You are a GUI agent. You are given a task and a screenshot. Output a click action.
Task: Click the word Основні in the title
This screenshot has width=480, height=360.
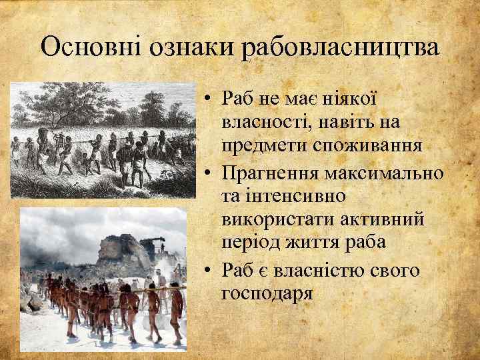coord(93,47)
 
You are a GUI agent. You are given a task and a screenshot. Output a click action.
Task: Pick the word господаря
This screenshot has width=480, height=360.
coord(267,293)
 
